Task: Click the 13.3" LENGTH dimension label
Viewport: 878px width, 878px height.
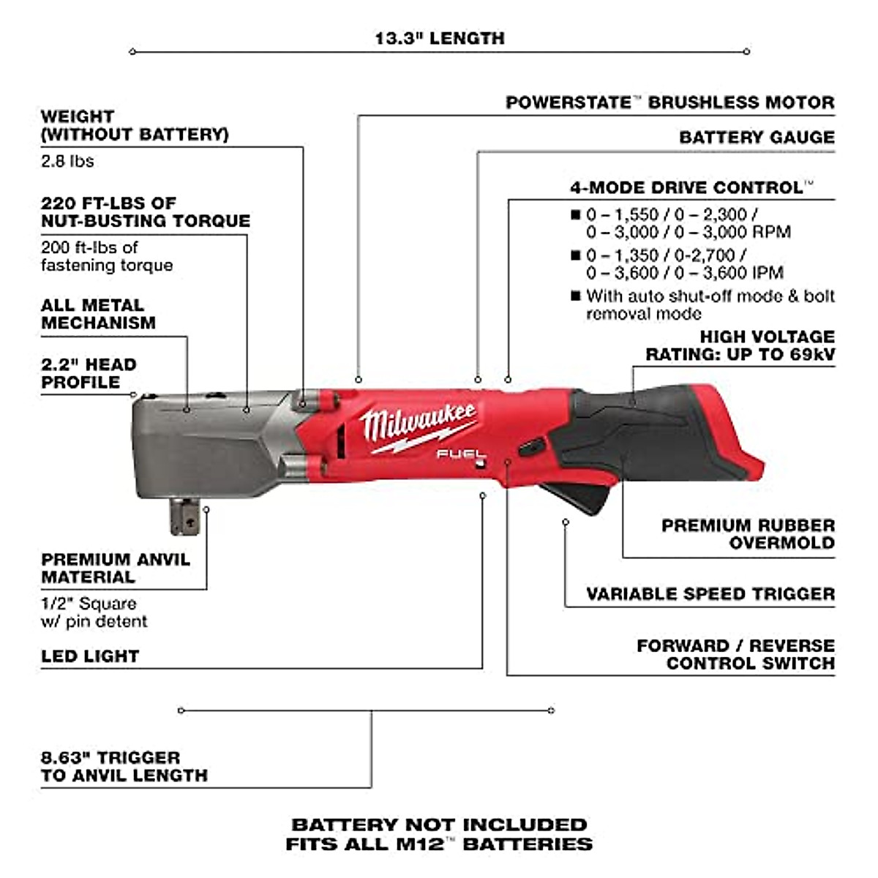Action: pyautogui.click(x=439, y=38)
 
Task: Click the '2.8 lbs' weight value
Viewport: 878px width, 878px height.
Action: pyautogui.click(x=67, y=161)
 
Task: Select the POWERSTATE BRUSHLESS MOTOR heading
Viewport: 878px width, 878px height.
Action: pyautogui.click(x=669, y=102)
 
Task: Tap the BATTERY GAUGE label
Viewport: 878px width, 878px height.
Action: pyautogui.click(x=757, y=138)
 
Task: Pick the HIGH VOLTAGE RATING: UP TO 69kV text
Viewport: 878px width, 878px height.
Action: pyautogui.click(x=739, y=345)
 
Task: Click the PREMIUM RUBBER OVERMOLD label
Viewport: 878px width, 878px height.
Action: pyautogui.click(x=748, y=534)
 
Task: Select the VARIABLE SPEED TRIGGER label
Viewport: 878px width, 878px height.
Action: pyautogui.click(x=710, y=594)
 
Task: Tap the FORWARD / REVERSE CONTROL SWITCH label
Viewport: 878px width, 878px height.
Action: pyautogui.click(x=735, y=654)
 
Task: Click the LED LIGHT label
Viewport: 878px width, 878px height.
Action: pyautogui.click(x=90, y=656)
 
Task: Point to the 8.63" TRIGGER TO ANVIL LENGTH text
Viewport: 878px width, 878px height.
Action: pyautogui.click(x=124, y=767)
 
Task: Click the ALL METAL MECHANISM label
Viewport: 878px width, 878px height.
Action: pyautogui.click(x=98, y=314)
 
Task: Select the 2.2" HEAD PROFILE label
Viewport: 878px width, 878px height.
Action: pyautogui.click(x=89, y=373)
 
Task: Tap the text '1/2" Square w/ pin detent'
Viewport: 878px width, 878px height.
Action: pyautogui.click(x=94, y=612)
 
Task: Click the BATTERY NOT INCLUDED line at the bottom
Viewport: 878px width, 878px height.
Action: pyautogui.click(x=439, y=825)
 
